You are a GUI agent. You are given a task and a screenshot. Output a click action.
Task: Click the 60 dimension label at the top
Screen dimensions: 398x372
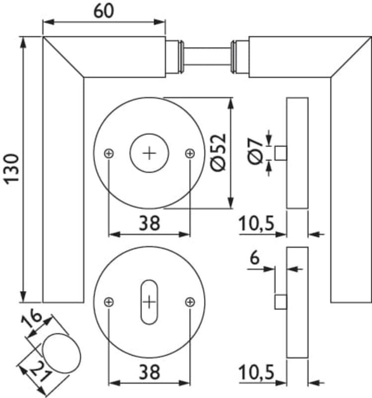(103, 11)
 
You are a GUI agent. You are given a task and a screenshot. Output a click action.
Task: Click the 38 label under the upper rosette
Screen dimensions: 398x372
(149, 223)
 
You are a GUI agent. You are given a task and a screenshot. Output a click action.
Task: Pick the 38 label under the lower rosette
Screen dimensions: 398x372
(149, 371)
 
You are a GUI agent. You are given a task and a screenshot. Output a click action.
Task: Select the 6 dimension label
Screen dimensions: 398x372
(255, 258)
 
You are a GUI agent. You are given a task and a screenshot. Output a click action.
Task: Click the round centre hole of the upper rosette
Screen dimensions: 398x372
(149, 153)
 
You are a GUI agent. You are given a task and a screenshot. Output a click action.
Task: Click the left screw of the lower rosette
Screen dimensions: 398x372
(109, 301)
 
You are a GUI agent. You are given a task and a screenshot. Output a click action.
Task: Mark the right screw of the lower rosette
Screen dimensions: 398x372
(189, 301)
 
